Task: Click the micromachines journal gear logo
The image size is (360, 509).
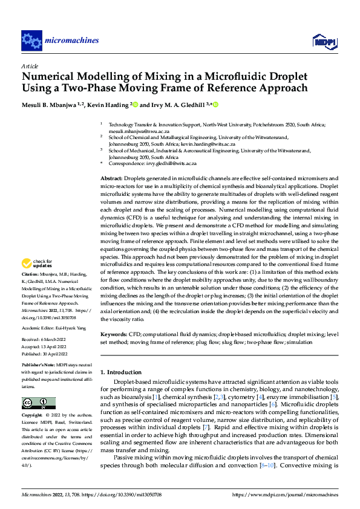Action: [31, 41]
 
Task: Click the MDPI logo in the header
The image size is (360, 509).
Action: [323, 41]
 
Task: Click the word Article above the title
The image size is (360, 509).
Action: [30, 66]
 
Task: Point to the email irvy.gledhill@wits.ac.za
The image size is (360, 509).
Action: [180, 164]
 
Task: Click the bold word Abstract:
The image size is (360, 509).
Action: [111, 180]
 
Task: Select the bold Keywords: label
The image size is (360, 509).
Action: [113, 334]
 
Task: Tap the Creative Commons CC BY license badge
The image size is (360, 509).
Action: [38, 403]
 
